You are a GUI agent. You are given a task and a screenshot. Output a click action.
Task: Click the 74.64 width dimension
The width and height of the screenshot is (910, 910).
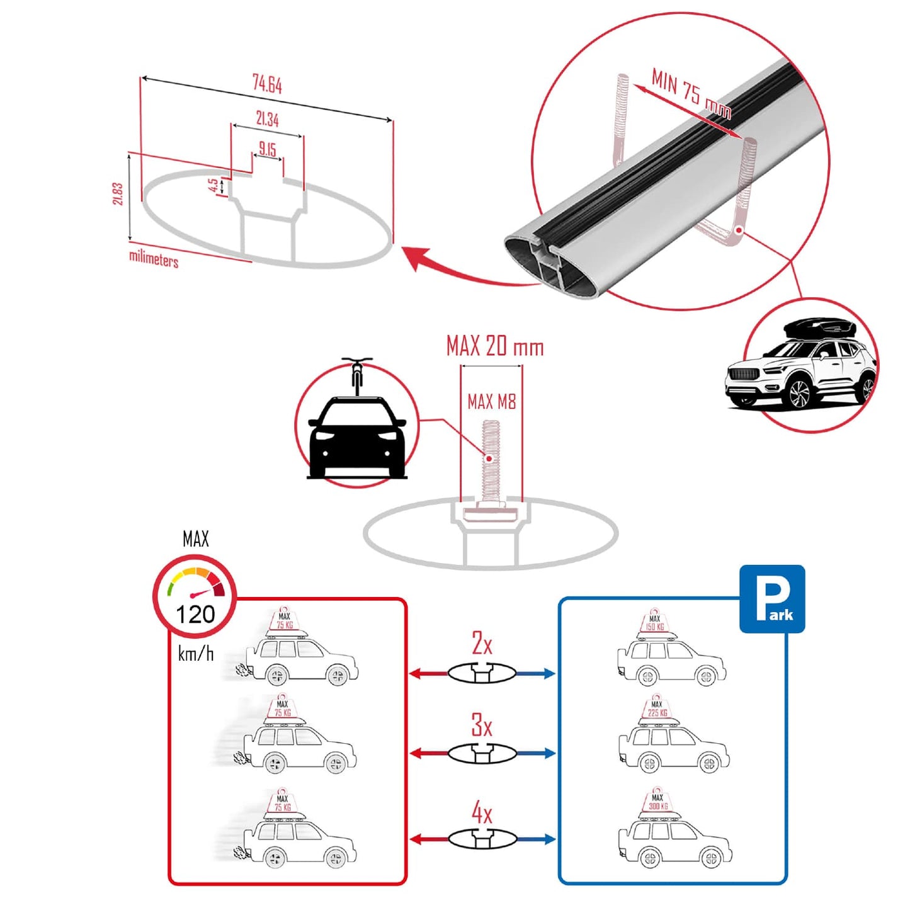pos(267,84)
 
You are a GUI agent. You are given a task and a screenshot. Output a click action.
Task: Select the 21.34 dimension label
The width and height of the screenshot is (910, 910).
pos(267,118)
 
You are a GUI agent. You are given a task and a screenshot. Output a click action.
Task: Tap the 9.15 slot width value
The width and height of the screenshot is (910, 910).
pos(267,149)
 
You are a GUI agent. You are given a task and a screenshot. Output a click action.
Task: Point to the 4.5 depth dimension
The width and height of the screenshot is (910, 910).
pos(213,185)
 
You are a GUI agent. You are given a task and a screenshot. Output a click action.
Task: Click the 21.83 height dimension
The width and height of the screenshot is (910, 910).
pos(118,194)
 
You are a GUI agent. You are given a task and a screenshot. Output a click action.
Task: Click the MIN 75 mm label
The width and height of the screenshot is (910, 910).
pos(691,94)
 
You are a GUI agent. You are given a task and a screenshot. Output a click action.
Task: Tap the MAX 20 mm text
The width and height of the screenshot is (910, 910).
pos(494,346)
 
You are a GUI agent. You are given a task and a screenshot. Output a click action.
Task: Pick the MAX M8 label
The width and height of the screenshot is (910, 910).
pos(491,401)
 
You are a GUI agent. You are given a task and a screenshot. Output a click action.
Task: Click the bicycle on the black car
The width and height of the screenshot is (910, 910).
pos(357,376)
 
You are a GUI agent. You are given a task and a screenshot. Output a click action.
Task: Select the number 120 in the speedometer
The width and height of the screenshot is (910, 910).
pos(195,614)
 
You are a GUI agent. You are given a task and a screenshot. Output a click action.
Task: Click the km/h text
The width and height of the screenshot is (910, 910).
pos(195,654)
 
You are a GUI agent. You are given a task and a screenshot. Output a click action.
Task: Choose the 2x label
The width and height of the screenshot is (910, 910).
pos(482,643)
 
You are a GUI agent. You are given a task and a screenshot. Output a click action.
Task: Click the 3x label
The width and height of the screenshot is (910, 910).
pos(482,725)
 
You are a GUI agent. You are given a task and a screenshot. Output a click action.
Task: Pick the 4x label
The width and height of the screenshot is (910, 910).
pos(482,813)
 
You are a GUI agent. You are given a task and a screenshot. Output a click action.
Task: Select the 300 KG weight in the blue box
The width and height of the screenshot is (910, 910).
pos(657,805)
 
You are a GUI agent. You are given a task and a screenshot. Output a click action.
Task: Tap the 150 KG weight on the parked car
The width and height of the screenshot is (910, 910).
pos(655,626)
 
